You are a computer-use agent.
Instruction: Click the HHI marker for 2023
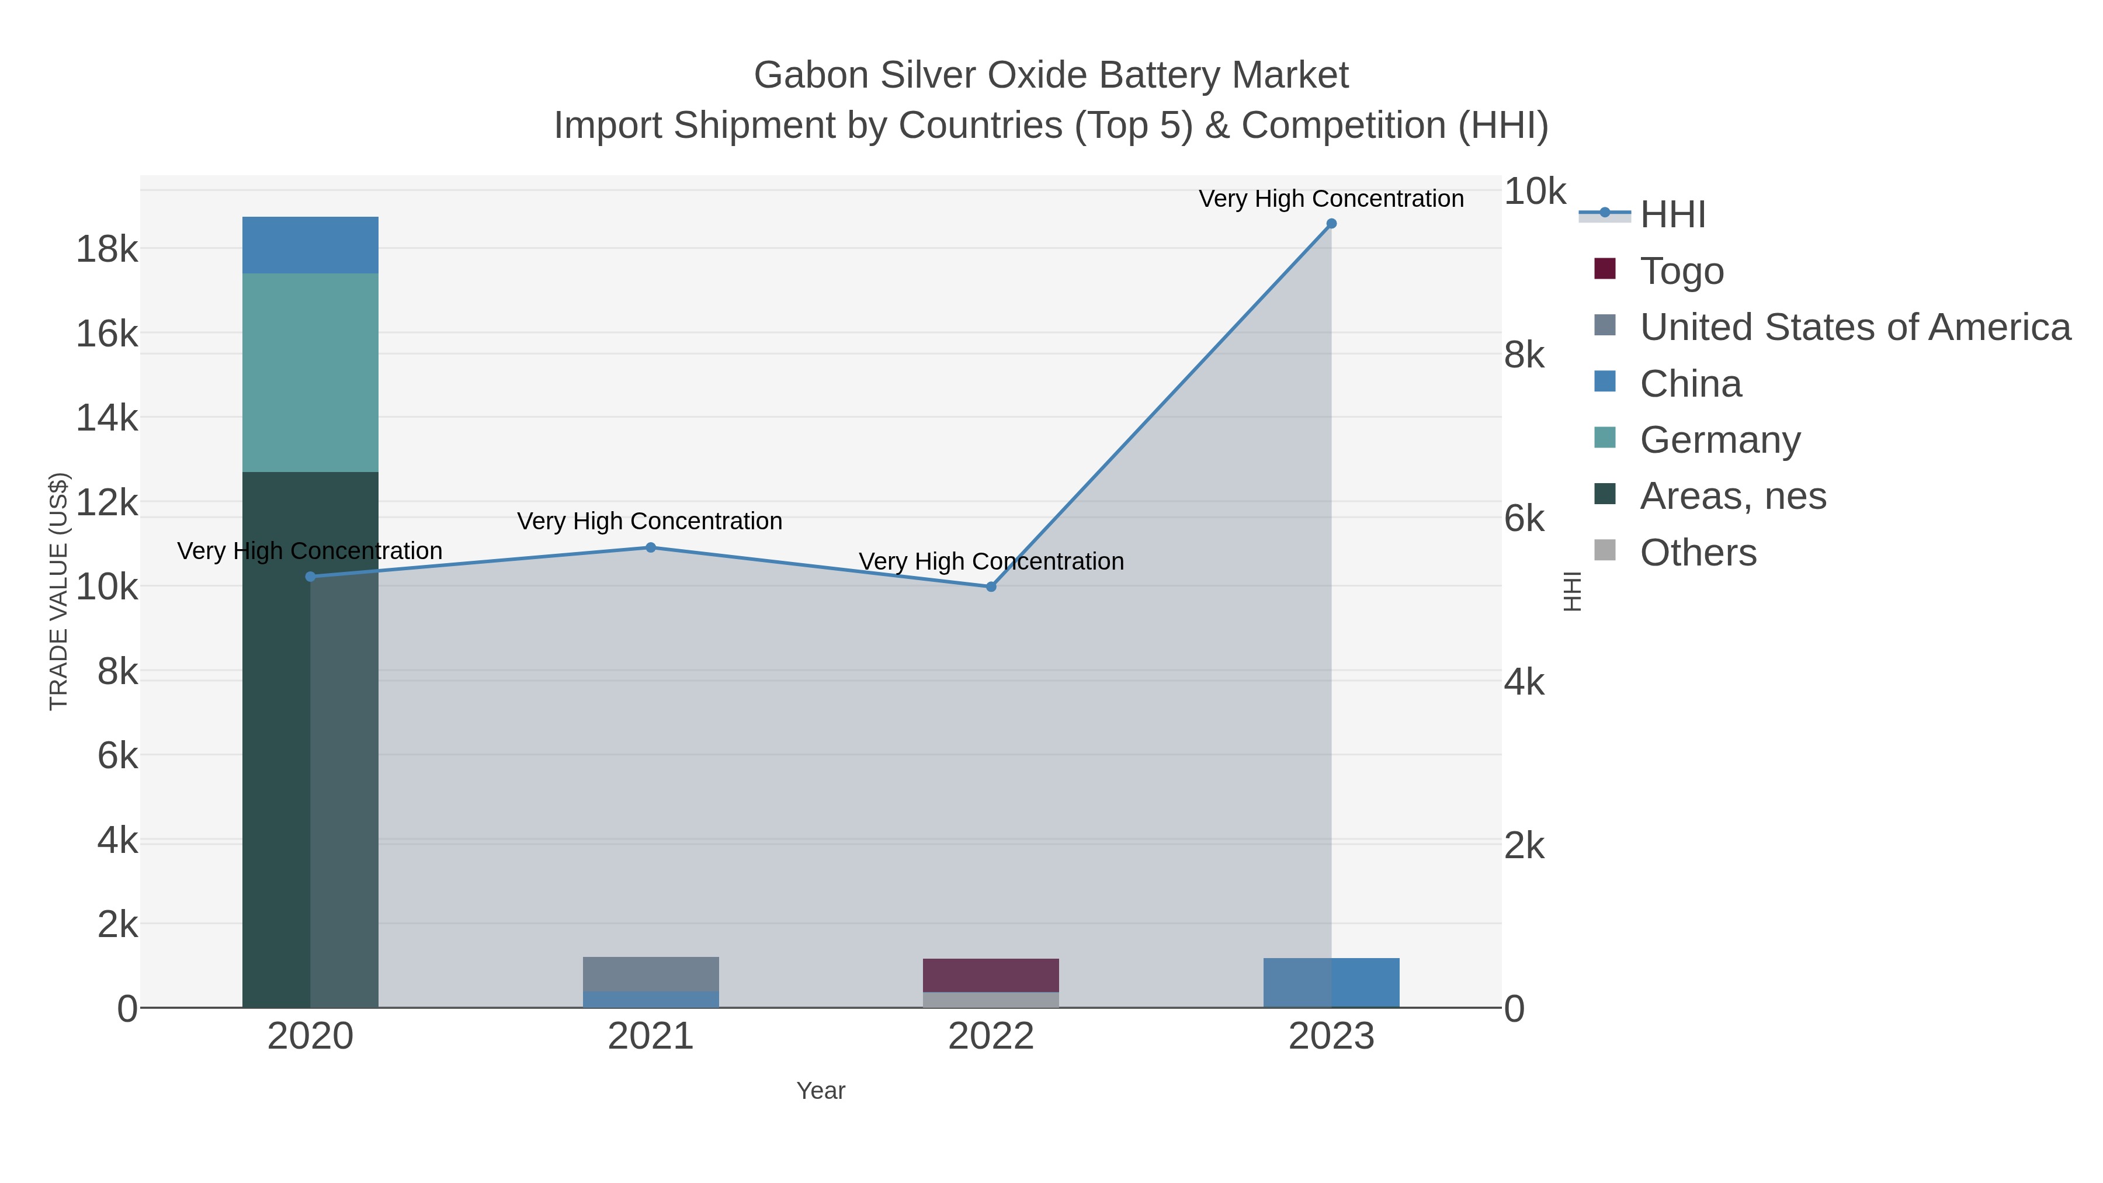pyautogui.click(x=1331, y=224)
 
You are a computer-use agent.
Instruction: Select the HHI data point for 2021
pyautogui.click(x=651, y=548)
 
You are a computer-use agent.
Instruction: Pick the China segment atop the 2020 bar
pyautogui.click(x=310, y=245)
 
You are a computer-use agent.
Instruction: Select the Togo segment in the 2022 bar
pyautogui.click(x=991, y=975)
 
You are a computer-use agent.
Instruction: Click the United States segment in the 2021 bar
pyautogui.click(x=651, y=973)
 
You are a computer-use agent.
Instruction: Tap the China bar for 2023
pyautogui.click(x=1331, y=983)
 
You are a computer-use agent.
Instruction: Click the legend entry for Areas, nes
pyautogui.click(x=1733, y=497)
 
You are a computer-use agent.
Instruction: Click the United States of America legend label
pyautogui.click(x=1855, y=327)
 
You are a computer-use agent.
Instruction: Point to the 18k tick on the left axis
pyautogui.click(x=107, y=249)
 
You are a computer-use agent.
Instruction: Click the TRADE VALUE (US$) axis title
pyautogui.click(x=59, y=591)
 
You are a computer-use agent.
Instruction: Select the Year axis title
pyautogui.click(x=821, y=1091)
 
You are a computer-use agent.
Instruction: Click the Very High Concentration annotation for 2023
pyautogui.click(x=1331, y=199)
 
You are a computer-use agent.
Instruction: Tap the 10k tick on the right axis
pyautogui.click(x=1535, y=192)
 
